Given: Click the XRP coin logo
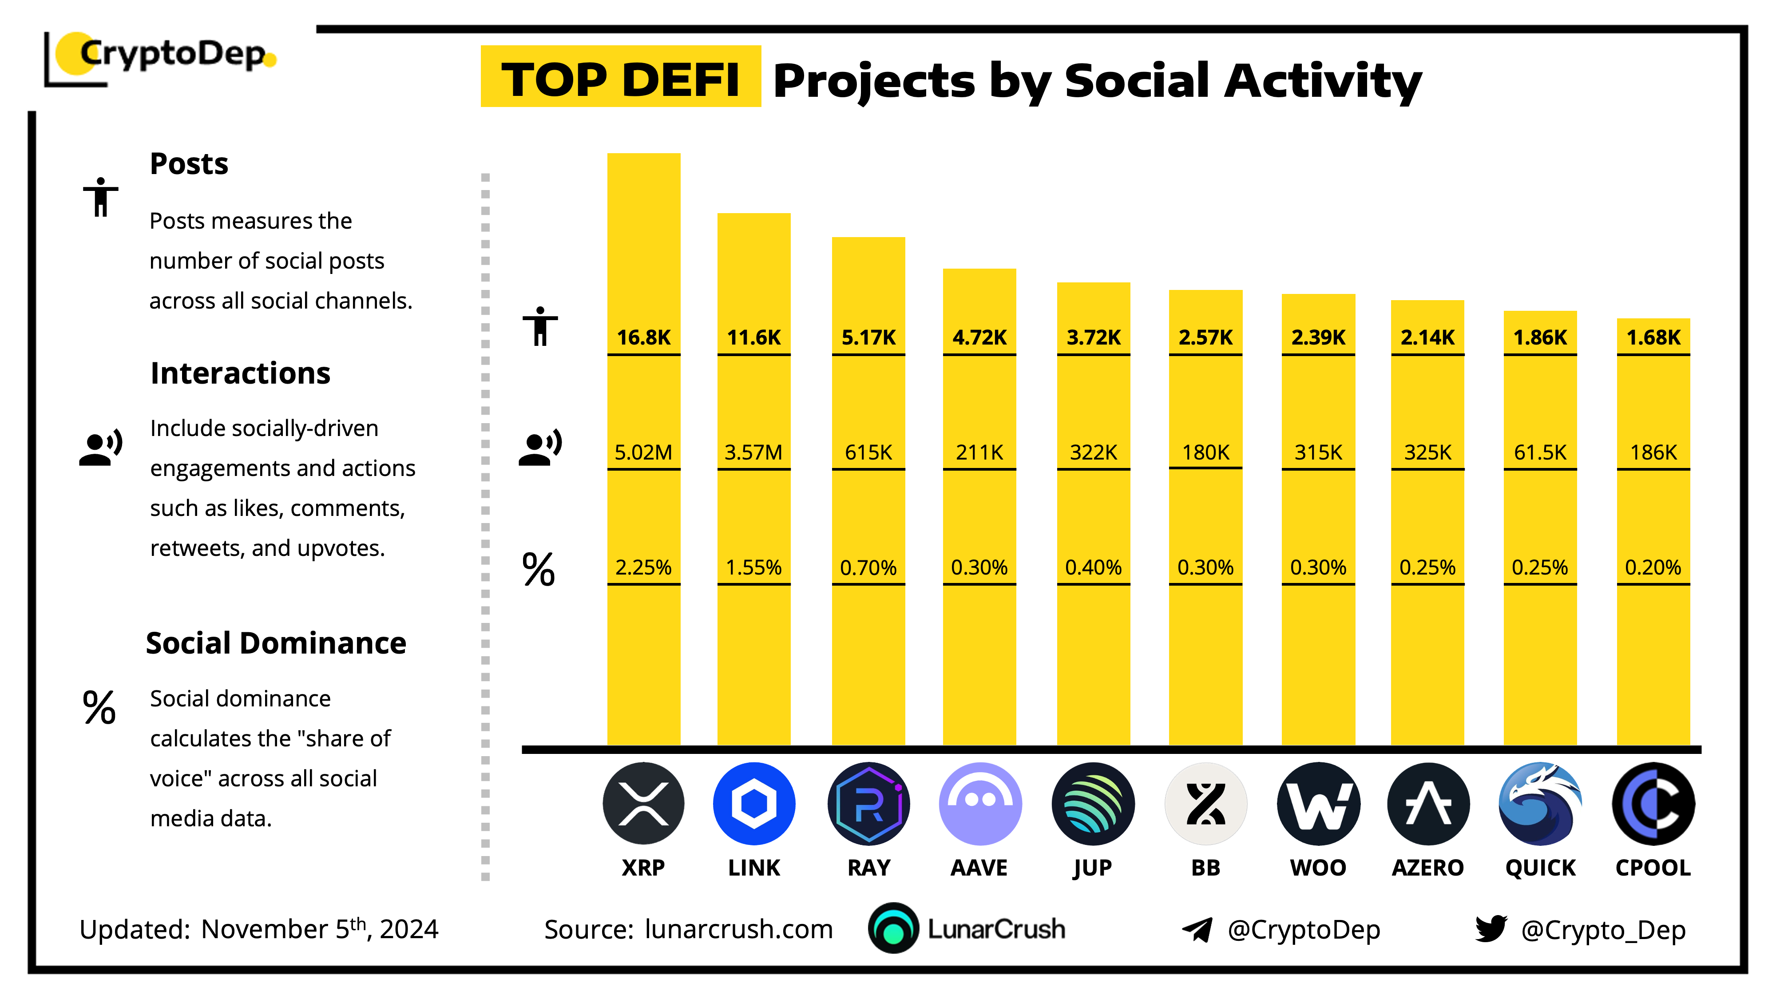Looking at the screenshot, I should coord(643,804).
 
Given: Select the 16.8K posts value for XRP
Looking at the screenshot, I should coord(643,337).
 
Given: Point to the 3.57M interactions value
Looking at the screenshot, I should coord(753,452).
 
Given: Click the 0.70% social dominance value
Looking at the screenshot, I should coord(868,567).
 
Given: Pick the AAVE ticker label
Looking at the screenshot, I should coord(979,867).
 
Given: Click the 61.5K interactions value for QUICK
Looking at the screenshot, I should coord(1539,452).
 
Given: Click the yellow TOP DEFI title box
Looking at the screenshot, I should coord(621,77).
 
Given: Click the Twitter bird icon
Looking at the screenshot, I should coord(1491,929).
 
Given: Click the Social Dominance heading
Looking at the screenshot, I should coord(276,643).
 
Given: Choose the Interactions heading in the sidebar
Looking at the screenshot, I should coord(240,373).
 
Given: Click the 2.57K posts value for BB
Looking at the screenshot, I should coord(1205,337).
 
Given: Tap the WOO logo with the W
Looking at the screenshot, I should coord(1318,804).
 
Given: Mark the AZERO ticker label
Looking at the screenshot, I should coord(1427,867).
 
